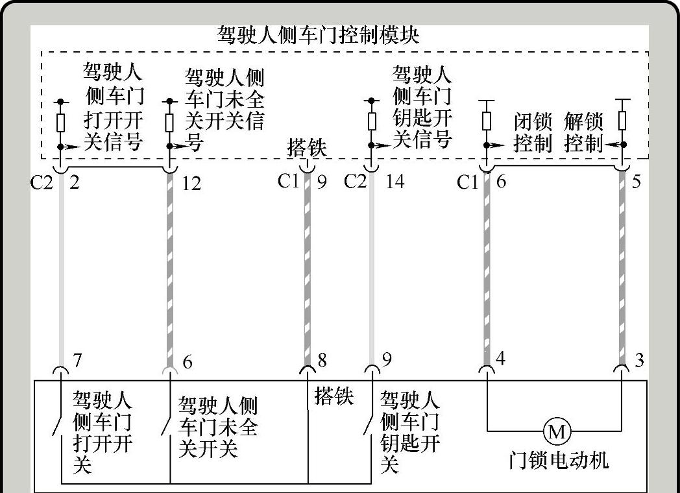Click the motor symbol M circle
[557, 431]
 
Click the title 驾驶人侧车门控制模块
[318, 35]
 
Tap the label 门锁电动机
[559, 460]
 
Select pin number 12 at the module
[191, 184]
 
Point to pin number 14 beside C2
[394, 181]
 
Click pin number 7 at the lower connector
[77, 360]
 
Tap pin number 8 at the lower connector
[321, 360]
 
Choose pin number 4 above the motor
[500, 357]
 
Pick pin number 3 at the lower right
[639, 359]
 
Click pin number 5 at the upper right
[636, 181]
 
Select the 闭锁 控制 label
[532, 132]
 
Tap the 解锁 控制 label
[583, 132]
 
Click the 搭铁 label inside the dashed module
[307, 148]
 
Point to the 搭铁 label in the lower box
[334, 396]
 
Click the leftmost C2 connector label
[42, 183]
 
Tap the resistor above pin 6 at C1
[487, 121]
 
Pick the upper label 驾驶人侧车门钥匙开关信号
[422, 106]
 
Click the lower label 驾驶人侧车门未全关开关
[217, 427]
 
